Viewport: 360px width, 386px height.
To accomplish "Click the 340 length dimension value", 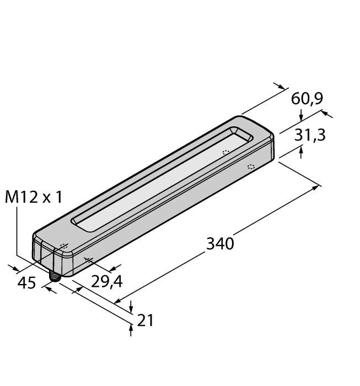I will (x=220, y=243).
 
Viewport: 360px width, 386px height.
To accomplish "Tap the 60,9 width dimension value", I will (x=307, y=99).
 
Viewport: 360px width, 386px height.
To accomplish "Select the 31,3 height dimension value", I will (x=309, y=135).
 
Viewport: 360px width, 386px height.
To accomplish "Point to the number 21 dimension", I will (x=145, y=320).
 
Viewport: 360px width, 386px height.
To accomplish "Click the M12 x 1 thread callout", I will (x=33, y=197).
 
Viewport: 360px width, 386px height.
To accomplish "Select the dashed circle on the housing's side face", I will (x=251, y=167).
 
